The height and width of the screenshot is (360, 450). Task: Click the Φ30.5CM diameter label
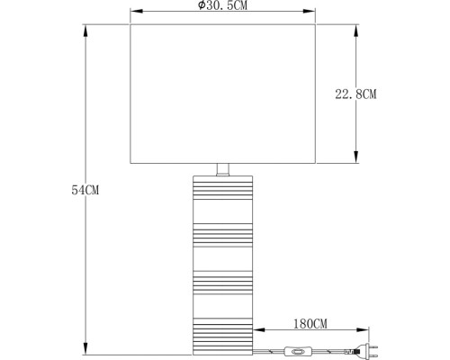pyautogui.click(x=225, y=5)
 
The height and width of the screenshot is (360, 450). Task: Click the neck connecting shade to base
pyautogui.click(x=224, y=169)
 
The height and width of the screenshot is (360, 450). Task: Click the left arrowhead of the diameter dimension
pyautogui.click(x=135, y=13)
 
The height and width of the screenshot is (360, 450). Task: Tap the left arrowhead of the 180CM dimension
pyautogui.click(x=257, y=330)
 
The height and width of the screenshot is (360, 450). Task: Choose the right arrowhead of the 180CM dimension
pyautogui.click(x=366, y=330)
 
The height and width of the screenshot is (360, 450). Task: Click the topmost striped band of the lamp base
pyautogui.click(x=224, y=190)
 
